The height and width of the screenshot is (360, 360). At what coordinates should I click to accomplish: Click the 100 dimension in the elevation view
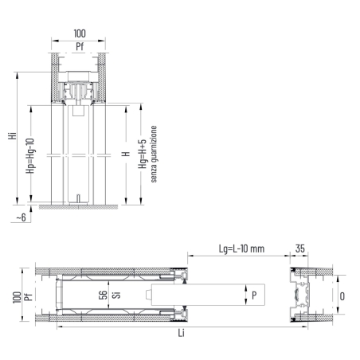[x=79, y=35]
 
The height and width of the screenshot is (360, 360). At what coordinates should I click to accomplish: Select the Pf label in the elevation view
[x=79, y=47]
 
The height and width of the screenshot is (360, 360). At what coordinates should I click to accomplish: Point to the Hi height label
[x=10, y=136]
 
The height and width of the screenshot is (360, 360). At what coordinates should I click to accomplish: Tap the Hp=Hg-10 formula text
[x=29, y=153]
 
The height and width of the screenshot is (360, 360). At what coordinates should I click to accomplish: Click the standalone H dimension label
[x=125, y=153]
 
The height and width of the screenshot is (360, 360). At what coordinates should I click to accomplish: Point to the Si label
[x=115, y=295]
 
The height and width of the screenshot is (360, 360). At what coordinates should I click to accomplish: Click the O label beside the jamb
[x=342, y=295]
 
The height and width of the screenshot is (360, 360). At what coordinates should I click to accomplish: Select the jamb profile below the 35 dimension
[x=300, y=295]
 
